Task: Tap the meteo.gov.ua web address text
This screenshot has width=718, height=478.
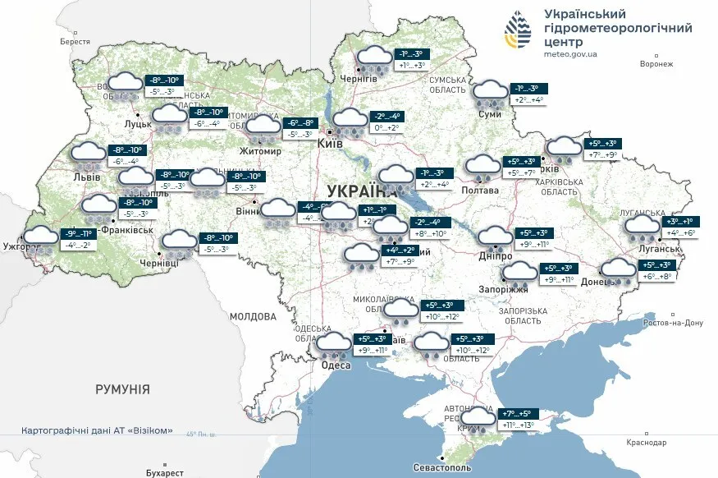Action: (x=570, y=54)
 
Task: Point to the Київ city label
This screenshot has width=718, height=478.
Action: (x=330, y=144)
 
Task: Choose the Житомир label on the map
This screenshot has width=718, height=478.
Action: (x=259, y=151)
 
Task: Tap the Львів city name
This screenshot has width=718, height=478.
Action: (x=86, y=177)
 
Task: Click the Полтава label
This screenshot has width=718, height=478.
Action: (x=480, y=190)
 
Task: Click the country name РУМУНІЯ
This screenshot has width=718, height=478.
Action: (x=122, y=388)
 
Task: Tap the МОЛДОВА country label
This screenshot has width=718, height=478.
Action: (x=253, y=316)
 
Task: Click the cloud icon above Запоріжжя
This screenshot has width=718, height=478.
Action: (x=519, y=273)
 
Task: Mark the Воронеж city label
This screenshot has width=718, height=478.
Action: (x=656, y=63)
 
